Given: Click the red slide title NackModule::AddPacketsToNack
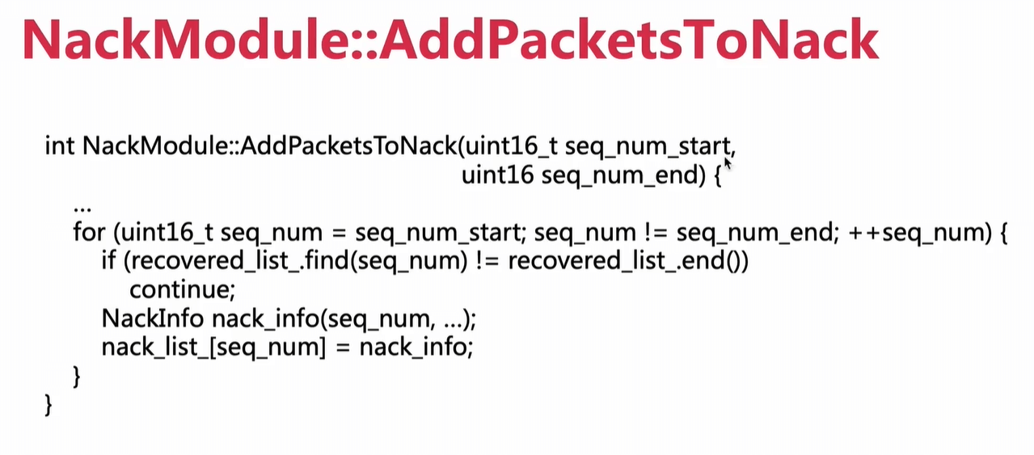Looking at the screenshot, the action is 450,40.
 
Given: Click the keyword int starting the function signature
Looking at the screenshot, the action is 60,145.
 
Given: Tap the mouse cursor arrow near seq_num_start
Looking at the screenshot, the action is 728,164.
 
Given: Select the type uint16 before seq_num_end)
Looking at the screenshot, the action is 498,175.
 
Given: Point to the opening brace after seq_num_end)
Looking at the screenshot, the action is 717,176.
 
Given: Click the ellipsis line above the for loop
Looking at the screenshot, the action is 82,209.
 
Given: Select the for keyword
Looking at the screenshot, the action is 89,232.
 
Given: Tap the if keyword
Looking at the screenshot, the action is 108,261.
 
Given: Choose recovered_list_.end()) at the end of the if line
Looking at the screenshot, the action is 628,262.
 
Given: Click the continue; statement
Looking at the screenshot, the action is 183,290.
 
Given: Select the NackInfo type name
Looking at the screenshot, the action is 153,318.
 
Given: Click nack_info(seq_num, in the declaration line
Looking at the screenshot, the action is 323,319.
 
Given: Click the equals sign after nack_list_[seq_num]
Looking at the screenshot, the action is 342,348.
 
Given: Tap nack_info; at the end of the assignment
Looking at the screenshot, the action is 416,348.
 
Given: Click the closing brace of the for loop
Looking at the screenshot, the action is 77,377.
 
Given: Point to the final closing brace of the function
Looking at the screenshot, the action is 48,405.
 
